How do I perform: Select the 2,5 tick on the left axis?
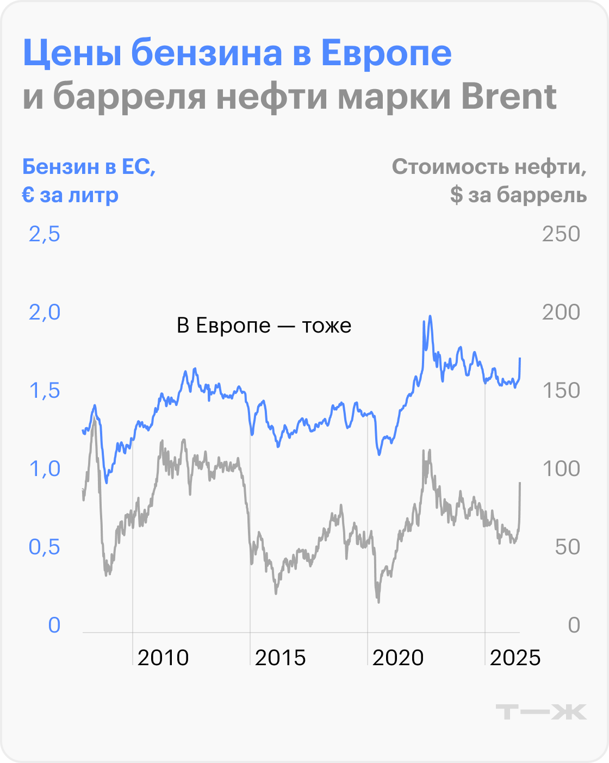click(44, 234)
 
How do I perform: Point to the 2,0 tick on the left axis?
click(44, 312)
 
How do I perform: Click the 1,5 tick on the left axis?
click(44, 391)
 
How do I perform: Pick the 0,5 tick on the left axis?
click(44, 547)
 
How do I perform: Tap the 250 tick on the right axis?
click(561, 234)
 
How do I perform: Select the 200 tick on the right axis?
click(561, 312)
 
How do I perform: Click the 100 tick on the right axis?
click(561, 469)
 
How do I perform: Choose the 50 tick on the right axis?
click(567, 547)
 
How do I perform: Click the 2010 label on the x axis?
click(163, 658)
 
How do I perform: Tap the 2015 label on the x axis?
click(281, 658)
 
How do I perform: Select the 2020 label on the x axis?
click(398, 658)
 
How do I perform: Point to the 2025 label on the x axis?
click(515, 658)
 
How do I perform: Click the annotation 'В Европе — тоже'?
click(264, 326)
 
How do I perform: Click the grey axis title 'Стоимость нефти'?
click(489, 167)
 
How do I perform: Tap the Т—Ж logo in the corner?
click(542, 711)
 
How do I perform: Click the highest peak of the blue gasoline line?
click(430, 316)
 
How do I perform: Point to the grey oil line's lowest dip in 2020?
click(378, 601)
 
